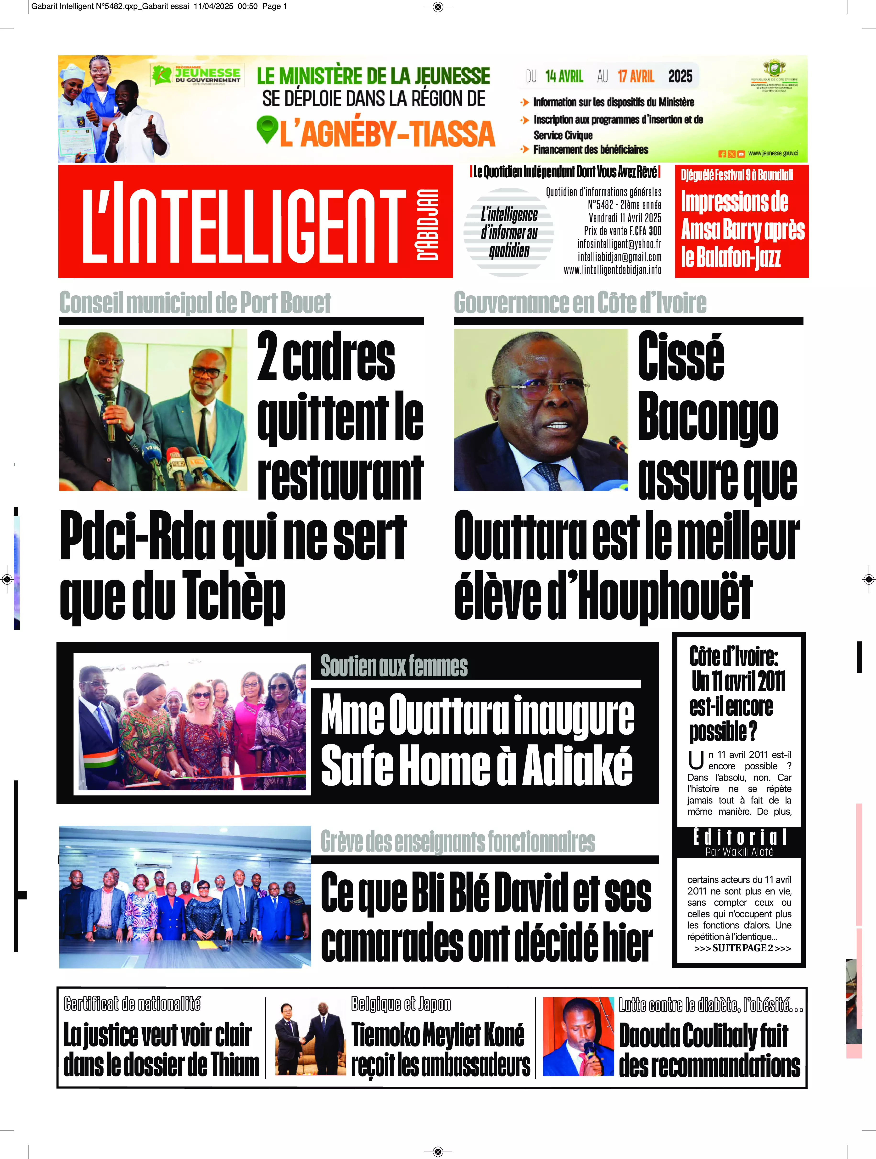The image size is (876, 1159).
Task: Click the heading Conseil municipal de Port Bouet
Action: point(195,303)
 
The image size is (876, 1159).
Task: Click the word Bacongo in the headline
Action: point(707,418)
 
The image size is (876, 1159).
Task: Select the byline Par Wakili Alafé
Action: point(739,852)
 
